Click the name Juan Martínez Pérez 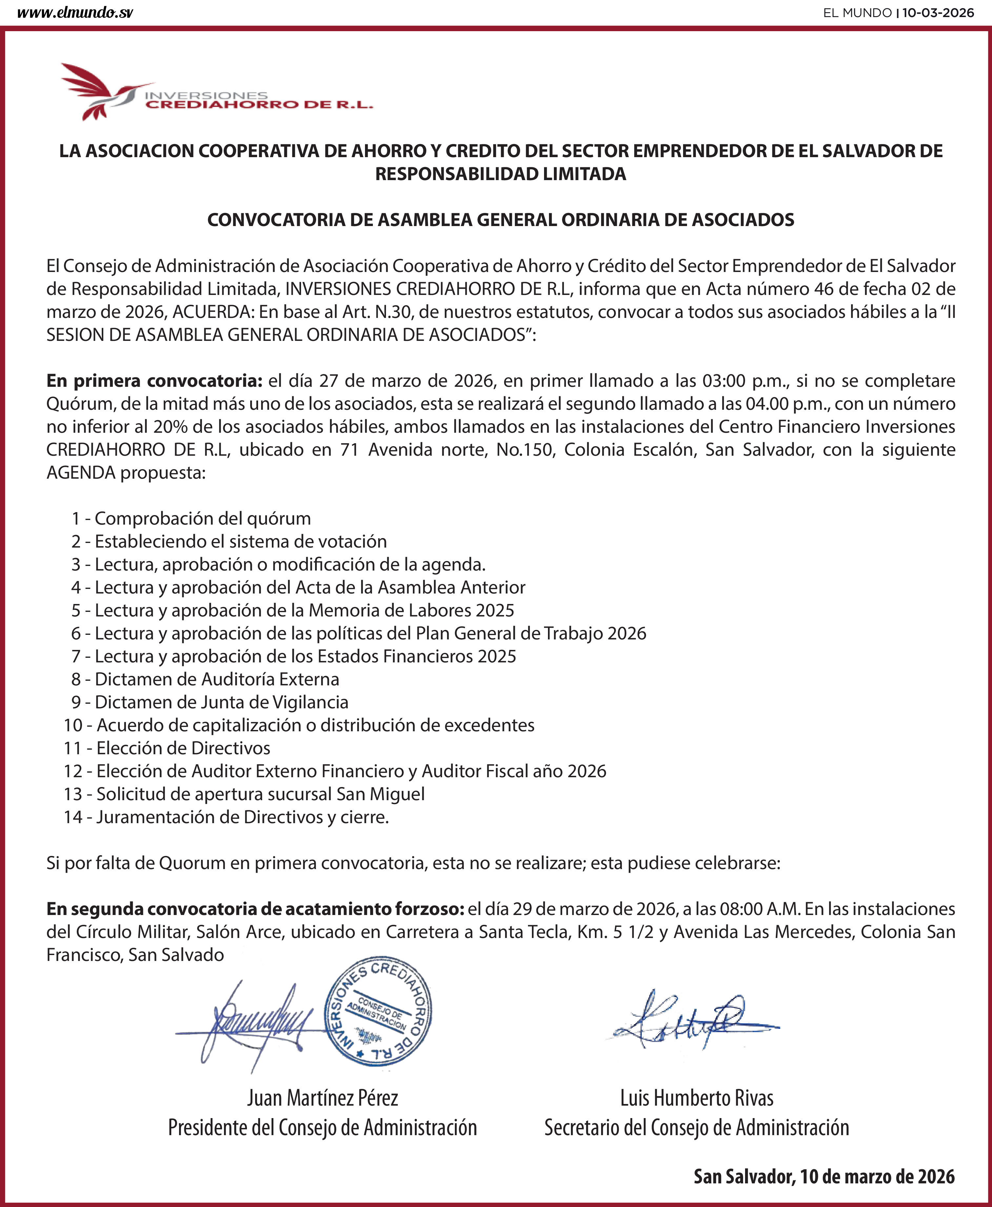(322, 1098)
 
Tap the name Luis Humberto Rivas (697, 1098)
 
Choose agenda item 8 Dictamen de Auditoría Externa (205, 679)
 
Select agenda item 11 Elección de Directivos (167, 748)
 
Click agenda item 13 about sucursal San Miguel (245, 794)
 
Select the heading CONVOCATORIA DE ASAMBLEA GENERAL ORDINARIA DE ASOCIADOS (500, 219)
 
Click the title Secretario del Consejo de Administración (697, 1128)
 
